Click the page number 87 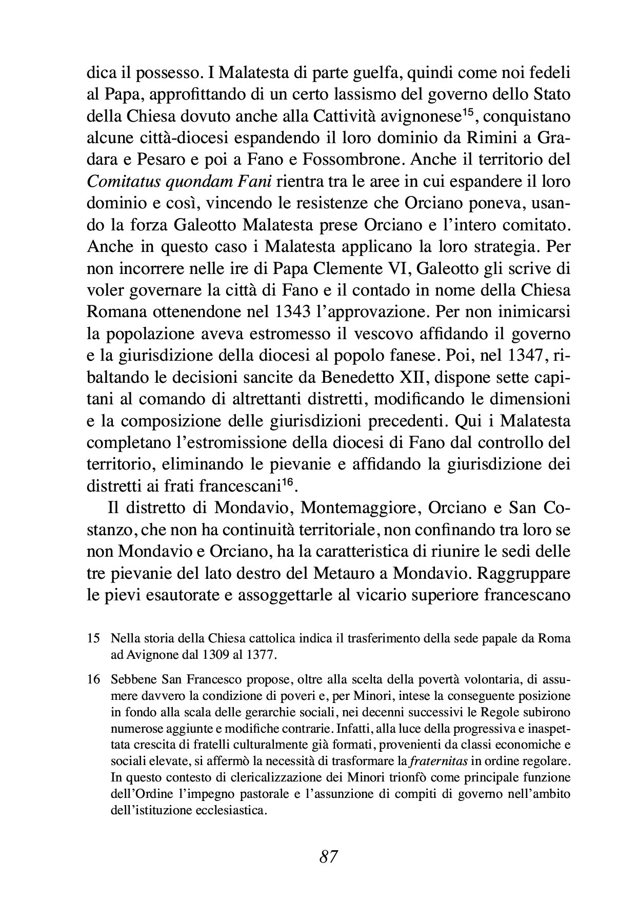tap(328, 857)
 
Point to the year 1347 tap(523, 356)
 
